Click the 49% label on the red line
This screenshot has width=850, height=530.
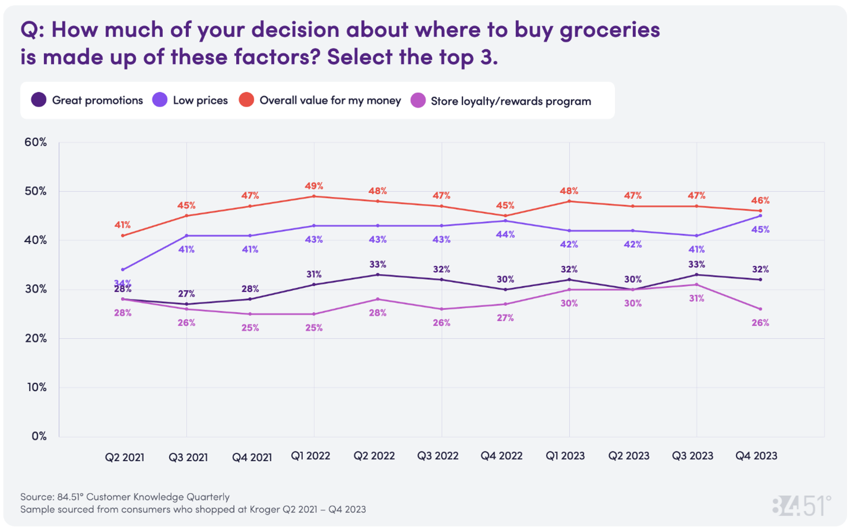pyautogui.click(x=314, y=186)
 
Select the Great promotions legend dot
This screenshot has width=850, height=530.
pyautogui.click(x=39, y=100)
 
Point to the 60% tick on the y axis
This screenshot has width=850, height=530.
pyautogui.click(x=35, y=142)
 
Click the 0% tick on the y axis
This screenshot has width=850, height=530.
pyautogui.click(x=39, y=436)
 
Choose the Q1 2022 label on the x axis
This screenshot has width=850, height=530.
pyautogui.click(x=310, y=456)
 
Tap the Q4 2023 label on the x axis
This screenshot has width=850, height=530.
pyautogui.click(x=756, y=456)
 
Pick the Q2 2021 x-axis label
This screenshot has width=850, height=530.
pyautogui.click(x=125, y=457)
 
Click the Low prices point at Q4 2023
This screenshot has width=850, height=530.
pyautogui.click(x=760, y=216)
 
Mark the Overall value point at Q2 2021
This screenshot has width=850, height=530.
pyautogui.click(x=123, y=236)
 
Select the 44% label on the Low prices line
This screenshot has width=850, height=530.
pyautogui.click(x=505, y=235)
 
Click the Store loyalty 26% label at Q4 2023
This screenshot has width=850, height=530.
pyautogui.click(x=760, y=323)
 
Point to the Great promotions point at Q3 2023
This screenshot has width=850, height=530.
pyautogui.click(x=696, y=275)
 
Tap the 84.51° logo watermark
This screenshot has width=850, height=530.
pyautogui.click(x=801, y=506)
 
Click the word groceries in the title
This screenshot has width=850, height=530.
pyautogui.click(x=610, y=29)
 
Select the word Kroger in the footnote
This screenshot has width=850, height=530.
pyautogui.click(x=265, y=509)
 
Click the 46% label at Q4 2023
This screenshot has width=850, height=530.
pyautogui.click(x=760, y=201)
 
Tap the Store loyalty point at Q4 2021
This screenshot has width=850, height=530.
pyautogui.click(x=250, y=314)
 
